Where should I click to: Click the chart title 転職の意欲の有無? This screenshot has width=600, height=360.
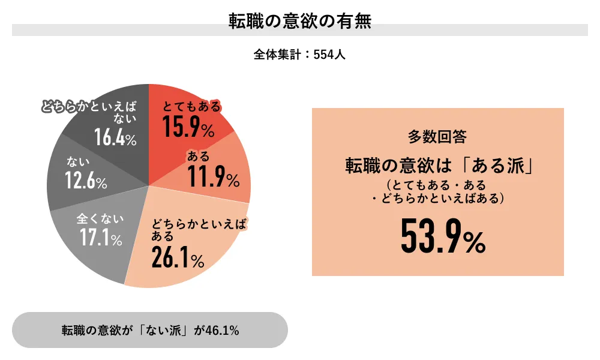(300, 22)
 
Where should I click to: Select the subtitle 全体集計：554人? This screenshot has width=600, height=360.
(299, 55)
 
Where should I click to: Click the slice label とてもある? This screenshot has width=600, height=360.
(192, 107)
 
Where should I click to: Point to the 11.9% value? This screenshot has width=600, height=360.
(213, 177)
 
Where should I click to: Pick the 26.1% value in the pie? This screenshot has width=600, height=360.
(178, 259)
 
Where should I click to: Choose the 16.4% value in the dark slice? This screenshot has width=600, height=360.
(115, 137)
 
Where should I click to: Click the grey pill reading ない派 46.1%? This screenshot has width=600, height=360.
(150, 330)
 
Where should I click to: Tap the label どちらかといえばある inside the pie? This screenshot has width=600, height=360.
(198, 230)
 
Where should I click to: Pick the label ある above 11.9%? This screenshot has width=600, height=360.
(199, 157)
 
